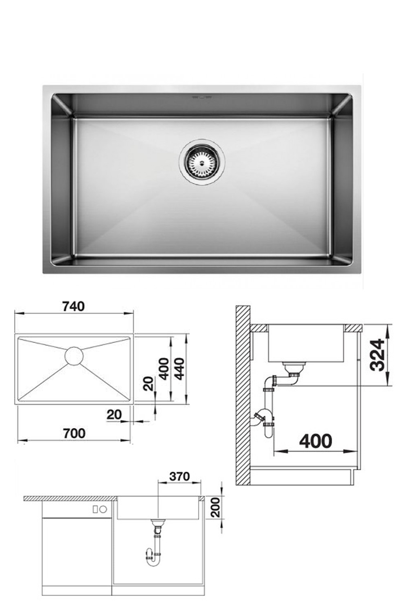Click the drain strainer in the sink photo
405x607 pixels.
pos(202,162)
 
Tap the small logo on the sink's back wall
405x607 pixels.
pos(201,98)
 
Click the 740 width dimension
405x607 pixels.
pos(74,306)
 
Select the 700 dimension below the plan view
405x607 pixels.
pos(75,433)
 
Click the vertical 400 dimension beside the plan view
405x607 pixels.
pos(164,369)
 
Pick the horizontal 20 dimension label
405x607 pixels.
pos(114,414)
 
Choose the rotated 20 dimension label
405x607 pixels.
pos(149,383)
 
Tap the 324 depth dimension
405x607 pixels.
pos(377,355)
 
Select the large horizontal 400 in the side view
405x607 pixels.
pos(315,441)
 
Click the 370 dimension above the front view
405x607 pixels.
pos(179,476)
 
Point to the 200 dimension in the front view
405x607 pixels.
pos(215,507)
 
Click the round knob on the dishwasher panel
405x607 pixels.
pos(103,509)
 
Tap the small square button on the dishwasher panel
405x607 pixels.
pos(95,509)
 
